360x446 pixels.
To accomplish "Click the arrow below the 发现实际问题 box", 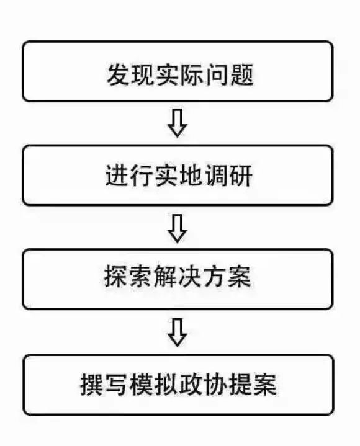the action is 178,123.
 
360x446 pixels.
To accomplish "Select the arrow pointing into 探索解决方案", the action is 178,228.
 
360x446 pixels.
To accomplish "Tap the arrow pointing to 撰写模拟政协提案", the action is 178,332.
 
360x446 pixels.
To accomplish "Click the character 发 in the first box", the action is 118,75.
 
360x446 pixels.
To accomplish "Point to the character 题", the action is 242,75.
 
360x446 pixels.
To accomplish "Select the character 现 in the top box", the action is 143,75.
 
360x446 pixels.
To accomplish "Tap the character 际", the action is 192,75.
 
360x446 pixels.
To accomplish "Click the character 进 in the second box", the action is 117,176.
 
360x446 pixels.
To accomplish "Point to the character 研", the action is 241,176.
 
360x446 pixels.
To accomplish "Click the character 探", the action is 115,276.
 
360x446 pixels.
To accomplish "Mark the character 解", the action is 165,276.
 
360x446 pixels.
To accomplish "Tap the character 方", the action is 215,276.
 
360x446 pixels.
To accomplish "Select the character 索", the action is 140,276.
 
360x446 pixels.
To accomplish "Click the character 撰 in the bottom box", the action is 91,384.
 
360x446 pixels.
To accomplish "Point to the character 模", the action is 141,384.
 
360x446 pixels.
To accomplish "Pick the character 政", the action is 191,384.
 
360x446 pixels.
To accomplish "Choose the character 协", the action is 215,384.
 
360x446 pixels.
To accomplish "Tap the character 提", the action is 240,384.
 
